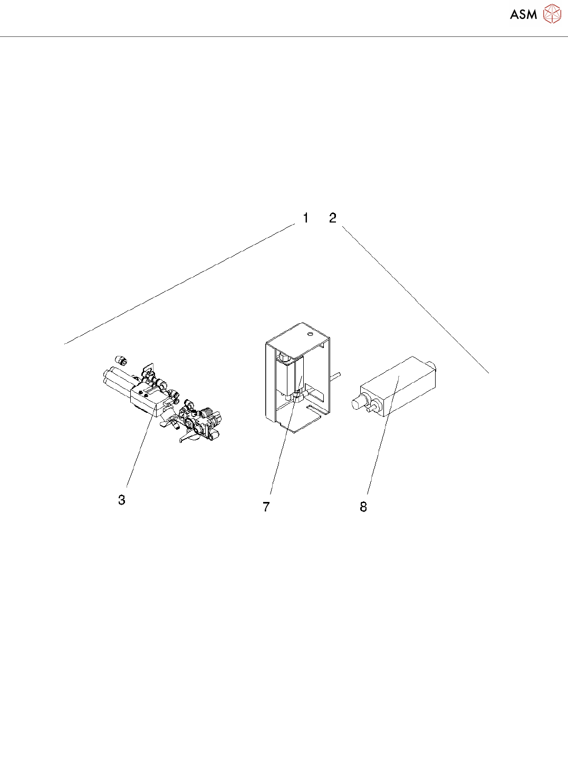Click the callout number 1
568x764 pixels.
click(305, 218)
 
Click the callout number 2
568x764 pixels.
click(332, 218)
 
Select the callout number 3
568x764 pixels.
click(122, 500)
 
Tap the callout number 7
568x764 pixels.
click(266, 507)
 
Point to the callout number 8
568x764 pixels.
click(363, 507)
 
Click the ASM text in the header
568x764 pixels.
click(523, 14)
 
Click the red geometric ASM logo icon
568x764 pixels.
click(552, 14)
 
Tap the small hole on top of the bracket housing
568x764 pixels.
click(310, 333)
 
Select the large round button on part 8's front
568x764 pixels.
click(359, 403)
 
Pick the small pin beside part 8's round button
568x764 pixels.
click(375, 405)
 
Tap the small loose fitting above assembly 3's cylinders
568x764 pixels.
click(122, 361)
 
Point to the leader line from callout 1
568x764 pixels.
click(179, 284)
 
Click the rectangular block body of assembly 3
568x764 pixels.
click(143, 400)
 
